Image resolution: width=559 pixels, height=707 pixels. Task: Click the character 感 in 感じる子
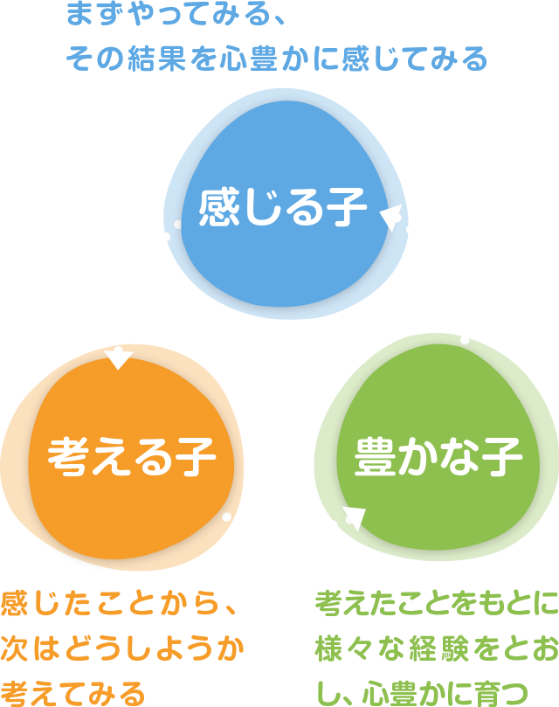point(218,207)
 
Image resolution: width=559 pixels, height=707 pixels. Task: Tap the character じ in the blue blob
point(262,208)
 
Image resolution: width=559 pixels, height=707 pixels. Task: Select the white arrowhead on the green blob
point(353,516)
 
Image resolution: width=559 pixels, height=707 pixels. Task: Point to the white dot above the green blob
point(465,340)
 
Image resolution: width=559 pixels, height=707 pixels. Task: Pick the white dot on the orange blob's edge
point(227,517)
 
